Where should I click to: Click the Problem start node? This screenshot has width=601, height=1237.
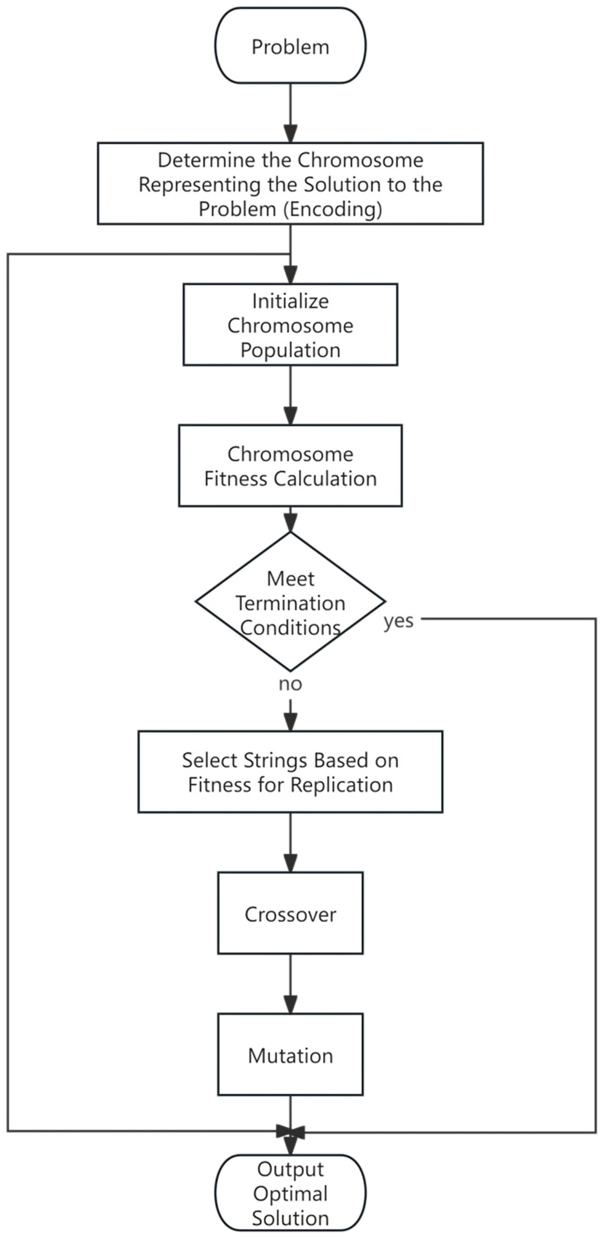point(290,46)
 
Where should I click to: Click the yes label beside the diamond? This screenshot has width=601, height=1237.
point(398,621)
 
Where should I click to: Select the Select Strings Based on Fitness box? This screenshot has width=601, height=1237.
point(290,772)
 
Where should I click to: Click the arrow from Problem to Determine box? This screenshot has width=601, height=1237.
point(290,113)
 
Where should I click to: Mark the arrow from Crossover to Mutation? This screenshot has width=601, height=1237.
point(290,984)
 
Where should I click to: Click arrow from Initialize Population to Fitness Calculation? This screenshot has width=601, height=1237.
point(290,395)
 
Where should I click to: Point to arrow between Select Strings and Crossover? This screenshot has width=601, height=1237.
point(290,843)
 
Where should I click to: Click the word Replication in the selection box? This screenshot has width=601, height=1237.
point(342,785)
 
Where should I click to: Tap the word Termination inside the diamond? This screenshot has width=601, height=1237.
point(290,603)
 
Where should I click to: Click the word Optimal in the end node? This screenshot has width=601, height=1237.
point(290,1194)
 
